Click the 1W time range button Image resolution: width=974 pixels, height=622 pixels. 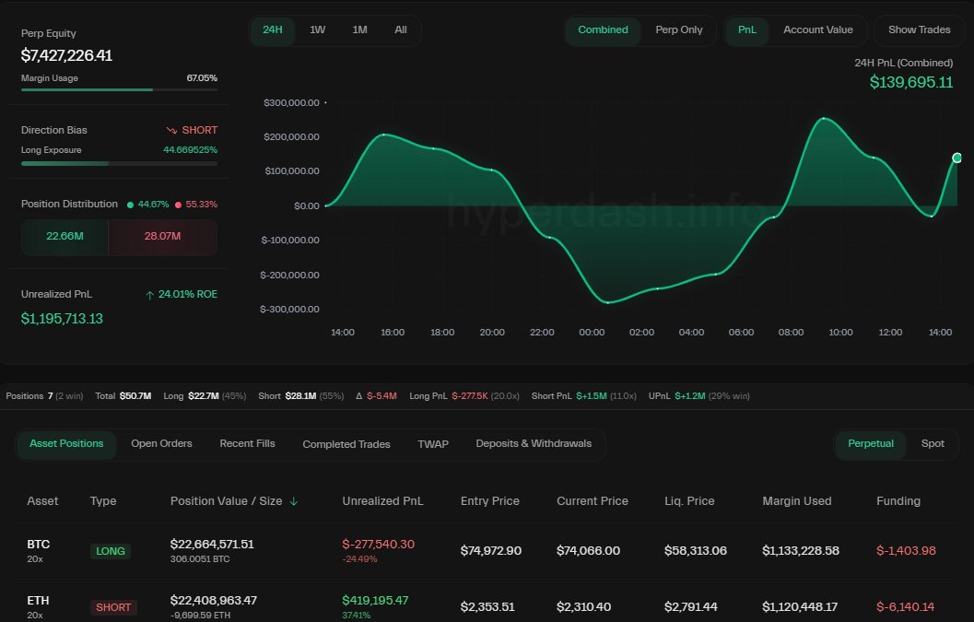coord(317,29)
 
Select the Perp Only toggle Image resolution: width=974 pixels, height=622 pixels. coord(678,29)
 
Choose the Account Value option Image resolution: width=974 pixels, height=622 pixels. coord(817,29)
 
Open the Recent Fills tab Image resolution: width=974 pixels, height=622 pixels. coord(247,443)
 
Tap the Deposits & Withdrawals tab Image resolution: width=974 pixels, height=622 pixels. coord(534,443)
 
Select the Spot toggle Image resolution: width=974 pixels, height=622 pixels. coord(933,443)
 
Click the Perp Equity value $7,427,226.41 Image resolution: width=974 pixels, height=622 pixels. coord(66,55)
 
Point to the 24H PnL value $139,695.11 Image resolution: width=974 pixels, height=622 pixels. coord(910,82)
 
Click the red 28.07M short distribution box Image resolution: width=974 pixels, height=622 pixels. coord(162,237)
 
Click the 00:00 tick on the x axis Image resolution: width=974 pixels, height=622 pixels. coord(592,332)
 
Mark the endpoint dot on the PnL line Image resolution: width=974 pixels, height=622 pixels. coord(956,158)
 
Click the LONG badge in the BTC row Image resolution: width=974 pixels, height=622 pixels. coord(111,551)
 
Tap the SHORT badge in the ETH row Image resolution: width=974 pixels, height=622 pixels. coord(113,607)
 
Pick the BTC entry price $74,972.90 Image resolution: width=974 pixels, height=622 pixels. coord(490,550)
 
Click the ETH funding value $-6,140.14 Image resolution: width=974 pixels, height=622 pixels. coord(905,606)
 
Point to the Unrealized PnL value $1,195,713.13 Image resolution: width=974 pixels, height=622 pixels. coord(62,319)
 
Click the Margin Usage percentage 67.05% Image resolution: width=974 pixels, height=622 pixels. coord(202,78)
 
